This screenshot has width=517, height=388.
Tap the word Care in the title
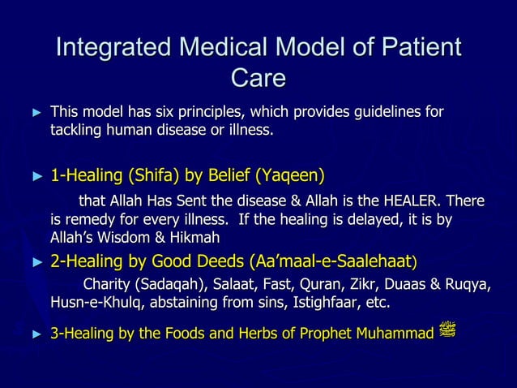pos(258,78)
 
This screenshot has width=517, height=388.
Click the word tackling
pos(78,129)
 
